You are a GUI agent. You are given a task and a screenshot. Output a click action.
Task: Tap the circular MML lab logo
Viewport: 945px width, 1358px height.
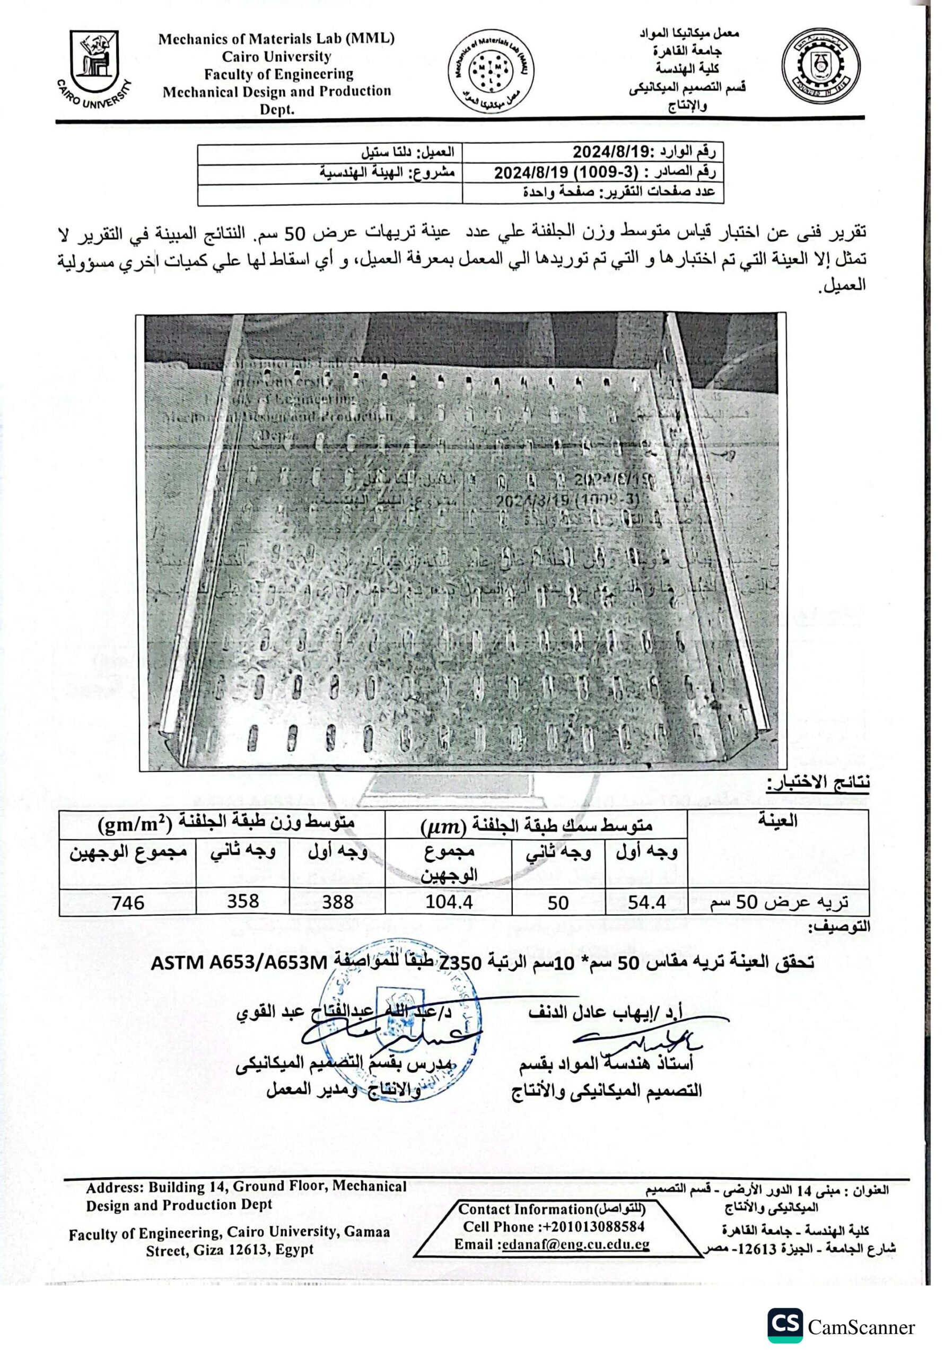click(489, 74)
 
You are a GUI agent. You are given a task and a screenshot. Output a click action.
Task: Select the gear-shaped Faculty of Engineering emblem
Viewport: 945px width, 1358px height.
click(820, 66)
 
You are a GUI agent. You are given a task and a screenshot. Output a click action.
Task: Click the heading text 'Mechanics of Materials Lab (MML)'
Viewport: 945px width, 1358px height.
click(276, 39)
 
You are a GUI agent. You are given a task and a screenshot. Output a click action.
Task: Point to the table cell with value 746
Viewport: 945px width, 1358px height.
click(128, 902)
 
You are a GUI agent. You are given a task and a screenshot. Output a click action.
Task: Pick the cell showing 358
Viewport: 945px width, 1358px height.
click(242, 901)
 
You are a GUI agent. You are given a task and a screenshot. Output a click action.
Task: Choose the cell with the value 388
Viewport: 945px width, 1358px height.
click(338, 902)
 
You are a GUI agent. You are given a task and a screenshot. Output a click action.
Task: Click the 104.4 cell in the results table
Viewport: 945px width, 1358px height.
click(449, 902)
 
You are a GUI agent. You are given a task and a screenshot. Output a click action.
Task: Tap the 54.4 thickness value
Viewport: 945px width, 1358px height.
click(647, 902)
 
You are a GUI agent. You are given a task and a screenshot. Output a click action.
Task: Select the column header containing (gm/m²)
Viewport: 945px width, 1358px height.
click(222, 823)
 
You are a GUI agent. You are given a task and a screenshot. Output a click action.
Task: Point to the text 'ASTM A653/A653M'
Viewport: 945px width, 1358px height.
click(239, 963)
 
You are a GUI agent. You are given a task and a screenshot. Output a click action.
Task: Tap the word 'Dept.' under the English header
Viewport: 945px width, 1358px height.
click(277, 110)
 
